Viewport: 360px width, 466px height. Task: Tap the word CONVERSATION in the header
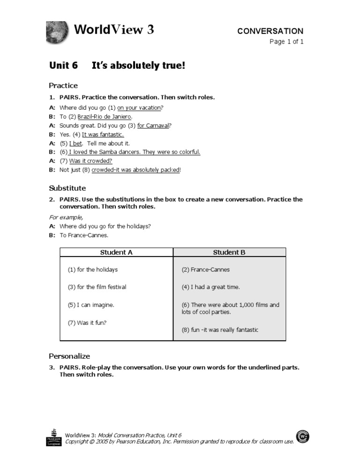270,31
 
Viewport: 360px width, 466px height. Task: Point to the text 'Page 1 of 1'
286,42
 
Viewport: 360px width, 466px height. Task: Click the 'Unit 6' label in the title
63,66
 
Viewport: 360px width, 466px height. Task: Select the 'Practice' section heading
63,85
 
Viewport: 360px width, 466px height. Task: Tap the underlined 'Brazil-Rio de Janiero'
105,117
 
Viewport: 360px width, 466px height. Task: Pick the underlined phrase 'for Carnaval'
153,126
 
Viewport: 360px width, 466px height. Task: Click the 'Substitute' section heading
67,188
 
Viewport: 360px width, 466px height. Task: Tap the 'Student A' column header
116,252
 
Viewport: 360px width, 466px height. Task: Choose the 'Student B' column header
229,252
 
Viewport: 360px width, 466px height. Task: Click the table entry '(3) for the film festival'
97,287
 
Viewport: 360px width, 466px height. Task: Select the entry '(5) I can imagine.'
91,305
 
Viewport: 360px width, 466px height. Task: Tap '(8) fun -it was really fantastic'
220,330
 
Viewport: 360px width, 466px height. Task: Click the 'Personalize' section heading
69,356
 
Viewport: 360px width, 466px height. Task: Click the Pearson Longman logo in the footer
54,437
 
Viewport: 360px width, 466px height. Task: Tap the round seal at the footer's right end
303,436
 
